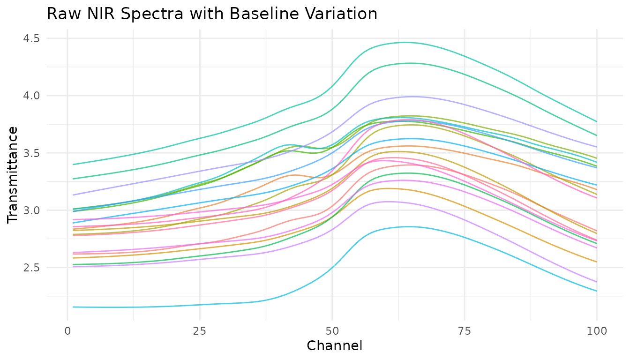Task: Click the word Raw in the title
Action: pyautogui.click(x=60, y=14)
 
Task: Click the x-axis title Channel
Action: pyautogui.click(x=334, y=346)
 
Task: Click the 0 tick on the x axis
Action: pyautogui.click(x=67, y=331)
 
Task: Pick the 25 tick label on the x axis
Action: pyautogui.click(x=200, y=331)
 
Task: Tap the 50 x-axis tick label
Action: pyautogui.click(x=332, y=331)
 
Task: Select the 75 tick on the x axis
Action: pyautogui.click(x=464, y=331)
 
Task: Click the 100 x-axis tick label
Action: pyautogui.click(x=596, y=331)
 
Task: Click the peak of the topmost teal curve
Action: pyautogui.click(x=405, y=42)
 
